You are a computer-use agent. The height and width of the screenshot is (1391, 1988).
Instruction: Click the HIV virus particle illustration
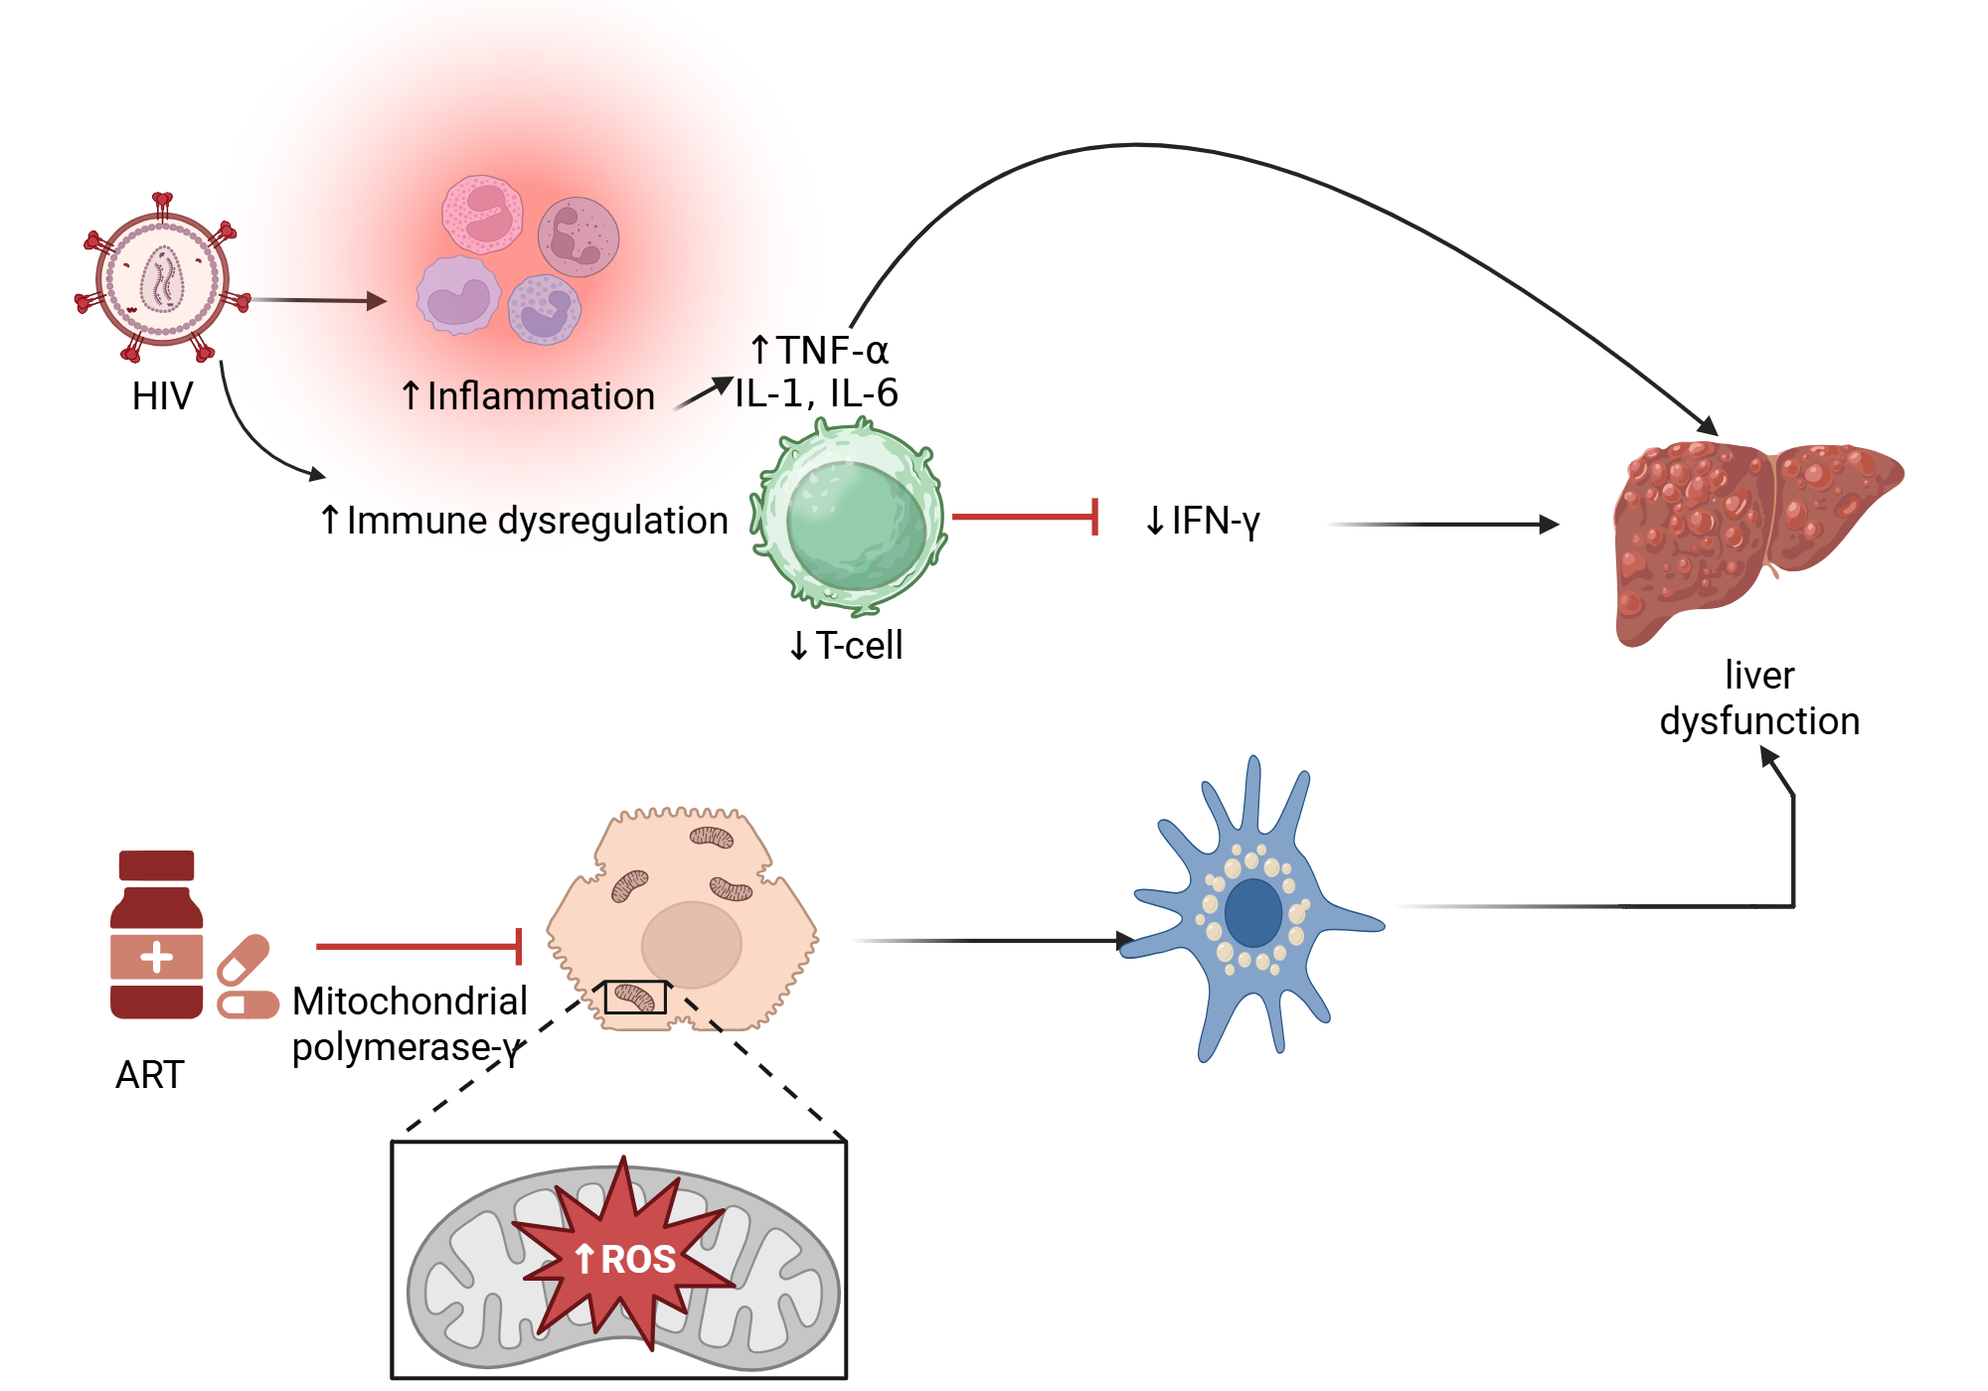(x=162, y=279)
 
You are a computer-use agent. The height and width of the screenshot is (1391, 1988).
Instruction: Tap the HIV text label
(x=162, y=396)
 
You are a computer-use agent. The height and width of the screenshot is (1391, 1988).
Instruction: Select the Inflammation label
(x=528, y=396)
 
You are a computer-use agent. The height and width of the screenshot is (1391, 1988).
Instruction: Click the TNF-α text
(x=820, y=350)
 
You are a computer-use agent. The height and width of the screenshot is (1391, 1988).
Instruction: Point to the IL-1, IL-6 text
(x=816, y=393)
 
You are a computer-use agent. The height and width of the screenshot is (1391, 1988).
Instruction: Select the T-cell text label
(x=847, y=646)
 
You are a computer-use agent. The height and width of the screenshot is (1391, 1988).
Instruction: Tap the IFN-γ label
(x=1203, y=521)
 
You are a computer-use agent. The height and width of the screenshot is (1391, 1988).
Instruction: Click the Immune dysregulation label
(x=525, y=521)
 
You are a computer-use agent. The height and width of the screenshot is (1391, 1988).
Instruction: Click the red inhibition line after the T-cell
(x=1024, y=517)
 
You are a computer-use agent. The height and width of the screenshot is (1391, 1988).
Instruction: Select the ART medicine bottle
(x=157, y=934)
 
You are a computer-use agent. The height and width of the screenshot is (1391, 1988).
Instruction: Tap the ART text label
(x=150, y=1075)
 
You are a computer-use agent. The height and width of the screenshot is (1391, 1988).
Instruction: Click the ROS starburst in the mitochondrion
(x=624, y=1258)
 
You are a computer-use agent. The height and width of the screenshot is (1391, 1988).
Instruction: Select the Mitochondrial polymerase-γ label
(x=410, y=1023)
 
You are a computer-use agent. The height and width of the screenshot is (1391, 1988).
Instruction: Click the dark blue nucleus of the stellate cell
(x=1252, y=912)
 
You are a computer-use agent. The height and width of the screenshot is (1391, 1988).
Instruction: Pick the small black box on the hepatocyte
(x=635, y=997)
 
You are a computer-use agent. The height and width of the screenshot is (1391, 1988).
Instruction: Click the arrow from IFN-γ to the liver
(x=1441, y=525)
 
